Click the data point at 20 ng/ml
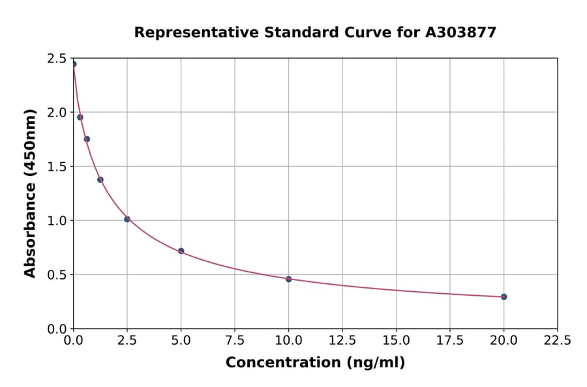coord(504,296)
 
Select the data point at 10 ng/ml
coord(288,279)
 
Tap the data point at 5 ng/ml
coord(181,251)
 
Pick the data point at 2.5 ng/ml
coord(127,219)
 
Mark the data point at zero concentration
coord(74,64)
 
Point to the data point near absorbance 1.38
coord(100,180)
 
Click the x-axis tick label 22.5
coord(557,340)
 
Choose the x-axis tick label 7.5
coord(235,340)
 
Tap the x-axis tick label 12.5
coord(342,340)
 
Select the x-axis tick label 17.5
coord(450,340)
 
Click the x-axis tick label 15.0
coord(396,340)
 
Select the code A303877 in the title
coord(461,32)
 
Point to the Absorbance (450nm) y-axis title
coord(30,193)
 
